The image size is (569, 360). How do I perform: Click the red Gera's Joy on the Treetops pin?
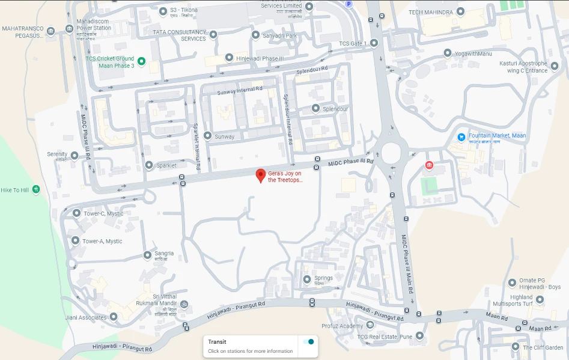260,175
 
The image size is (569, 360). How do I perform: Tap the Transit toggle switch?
309,342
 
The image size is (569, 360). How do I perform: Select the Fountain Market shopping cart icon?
461,136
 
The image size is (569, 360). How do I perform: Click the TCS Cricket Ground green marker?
141,61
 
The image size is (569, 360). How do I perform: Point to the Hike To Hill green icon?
36,190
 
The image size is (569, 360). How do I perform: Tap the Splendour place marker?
315,108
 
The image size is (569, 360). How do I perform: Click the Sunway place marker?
207,136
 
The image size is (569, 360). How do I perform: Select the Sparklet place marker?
149,165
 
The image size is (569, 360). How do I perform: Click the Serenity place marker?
74,156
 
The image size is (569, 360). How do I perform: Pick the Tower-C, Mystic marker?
76,213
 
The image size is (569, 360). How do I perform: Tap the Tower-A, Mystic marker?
75,240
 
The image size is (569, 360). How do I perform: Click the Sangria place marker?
147,255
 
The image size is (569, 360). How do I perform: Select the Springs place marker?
307,279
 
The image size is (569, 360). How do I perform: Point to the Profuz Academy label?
342,326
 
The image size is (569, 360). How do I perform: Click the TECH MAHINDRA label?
431,12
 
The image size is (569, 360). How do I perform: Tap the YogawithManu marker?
447,53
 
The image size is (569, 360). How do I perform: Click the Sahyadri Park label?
279,35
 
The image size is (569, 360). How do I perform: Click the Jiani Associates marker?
113,317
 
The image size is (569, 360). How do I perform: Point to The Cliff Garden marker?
515,347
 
